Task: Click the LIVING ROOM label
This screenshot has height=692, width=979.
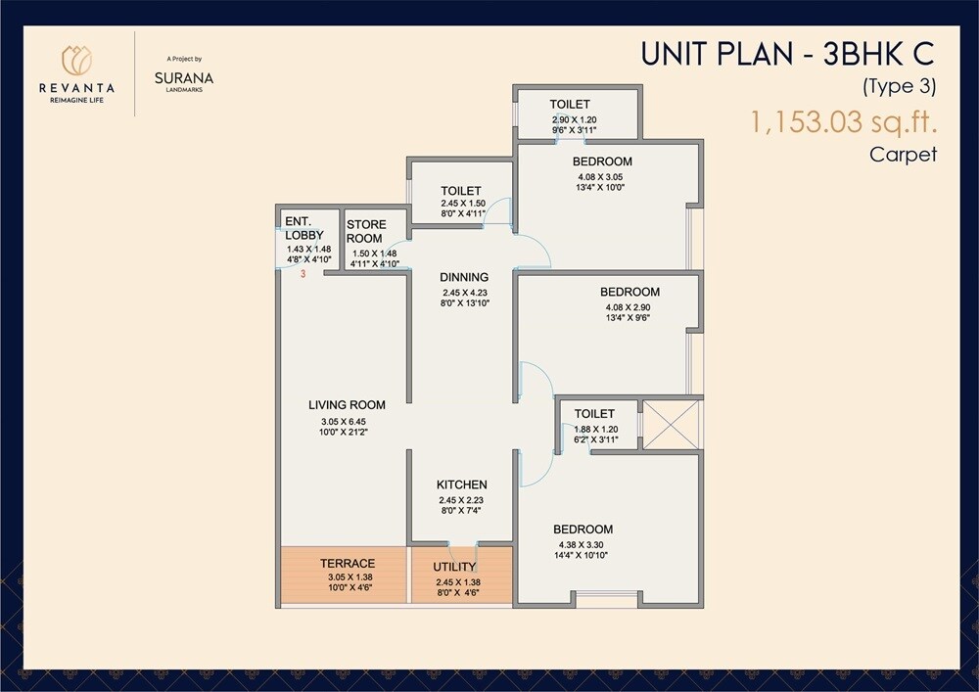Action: click(x=347, y=404)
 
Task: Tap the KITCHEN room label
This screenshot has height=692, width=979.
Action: click(x=461, y=484)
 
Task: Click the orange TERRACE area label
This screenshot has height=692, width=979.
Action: click(x=347, y=563)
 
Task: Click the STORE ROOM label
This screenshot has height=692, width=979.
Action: click(x=365, y=231)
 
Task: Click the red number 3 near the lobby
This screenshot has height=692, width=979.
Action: click(x=303, y=275)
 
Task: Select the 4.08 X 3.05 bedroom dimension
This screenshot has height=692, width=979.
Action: click(x=602, y=178)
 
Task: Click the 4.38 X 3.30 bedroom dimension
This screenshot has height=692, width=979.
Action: click(x=585, y=545)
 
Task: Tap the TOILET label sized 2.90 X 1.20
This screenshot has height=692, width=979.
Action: click(x=569, y=105)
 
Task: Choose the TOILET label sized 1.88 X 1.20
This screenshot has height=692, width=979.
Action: click(x=594, y=414)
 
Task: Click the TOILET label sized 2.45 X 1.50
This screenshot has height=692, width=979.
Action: click(x=460, y=191)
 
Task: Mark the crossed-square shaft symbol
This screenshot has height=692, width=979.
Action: click(x=671, y=424)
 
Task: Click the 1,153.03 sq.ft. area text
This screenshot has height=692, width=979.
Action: click(x=843, y=123)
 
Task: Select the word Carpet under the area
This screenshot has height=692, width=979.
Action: click(x=903, y=154)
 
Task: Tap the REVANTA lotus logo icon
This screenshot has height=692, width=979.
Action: click(x=76, y=60)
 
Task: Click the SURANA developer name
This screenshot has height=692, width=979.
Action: click(x=184, y=77)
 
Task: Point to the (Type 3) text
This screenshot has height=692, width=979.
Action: click(x=899, y=86)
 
